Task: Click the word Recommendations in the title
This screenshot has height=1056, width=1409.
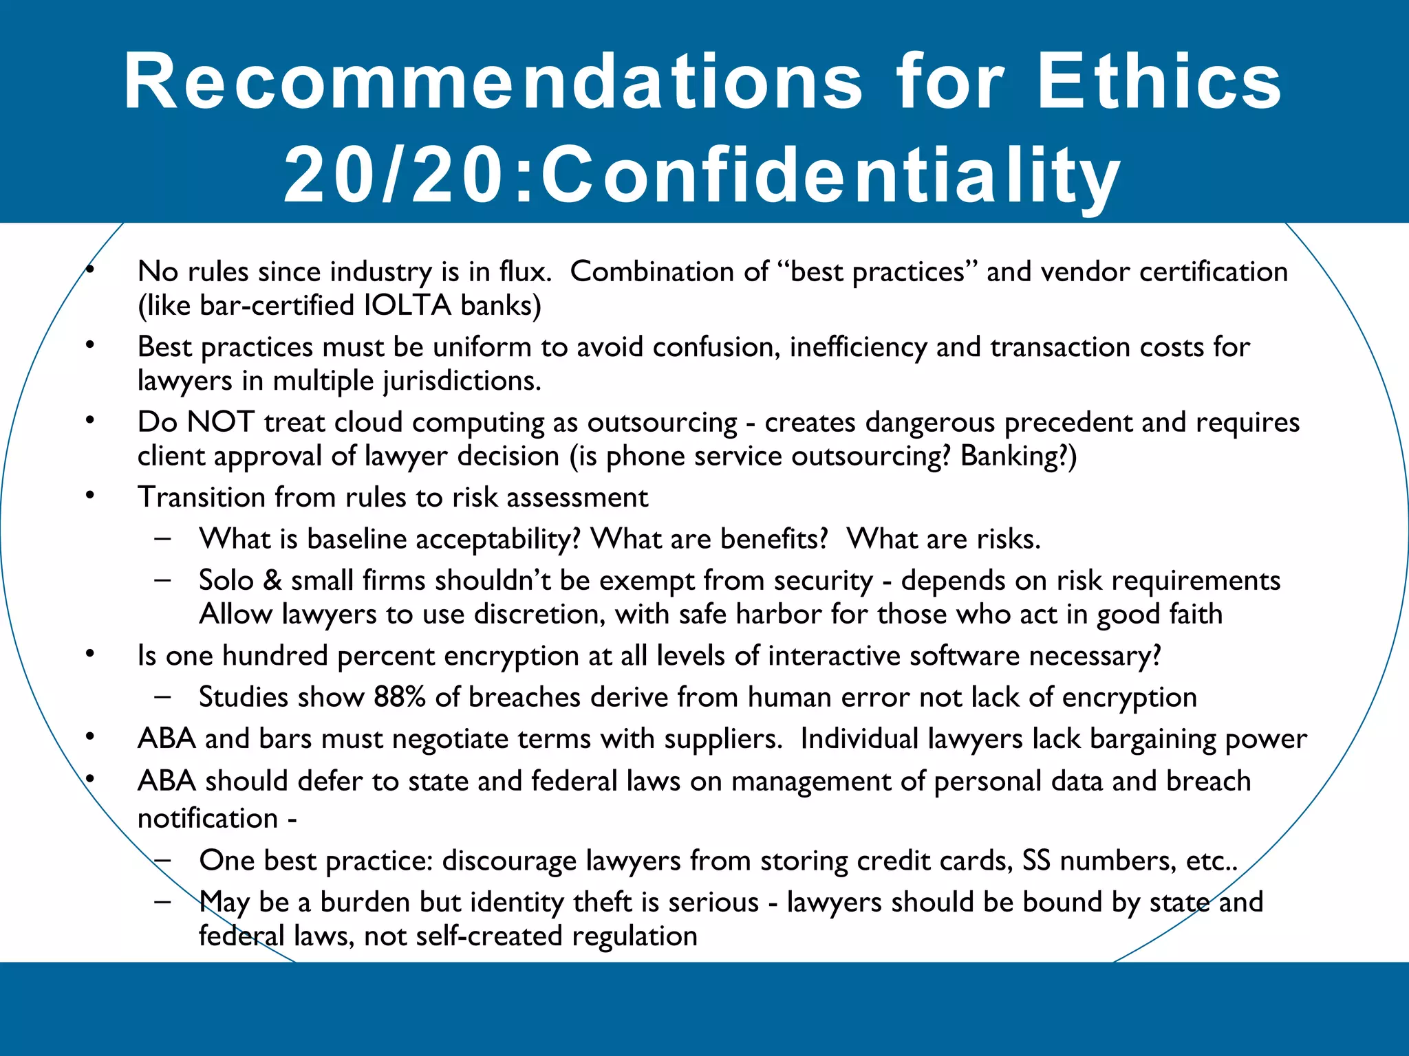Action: [x=493, y=82]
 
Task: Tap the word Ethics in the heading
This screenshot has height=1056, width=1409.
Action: [x=1159, y=82]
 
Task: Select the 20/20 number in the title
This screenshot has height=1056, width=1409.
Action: [x=393, y=175]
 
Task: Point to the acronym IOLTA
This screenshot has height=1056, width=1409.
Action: [x=407, y=305]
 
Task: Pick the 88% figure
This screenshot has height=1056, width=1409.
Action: [x=400, y=697]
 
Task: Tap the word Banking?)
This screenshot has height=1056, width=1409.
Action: [x=1019, y=456]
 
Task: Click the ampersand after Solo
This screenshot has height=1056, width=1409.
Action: [x=272, y=581]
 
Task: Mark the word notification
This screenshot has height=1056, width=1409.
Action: [x=208, y=818]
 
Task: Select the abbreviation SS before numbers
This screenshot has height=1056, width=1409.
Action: [x=1036, y=861]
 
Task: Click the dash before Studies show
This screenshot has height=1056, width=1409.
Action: [x=163, y=696]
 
